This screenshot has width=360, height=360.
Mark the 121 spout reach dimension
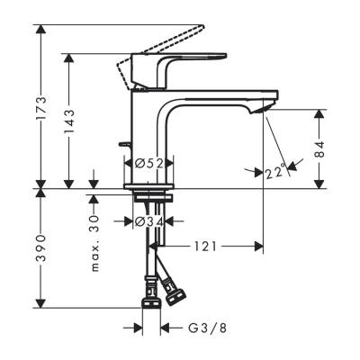coord(204,245)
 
